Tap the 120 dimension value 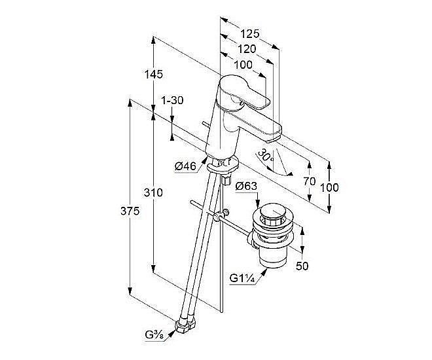[246, 49]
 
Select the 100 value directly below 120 [243, 64]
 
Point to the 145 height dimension [153, 75]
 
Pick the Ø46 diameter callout [186, 166]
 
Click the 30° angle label [265, 156]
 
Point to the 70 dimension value [310, 181]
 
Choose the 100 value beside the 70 [331, 187]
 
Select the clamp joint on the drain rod [223, 215]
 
